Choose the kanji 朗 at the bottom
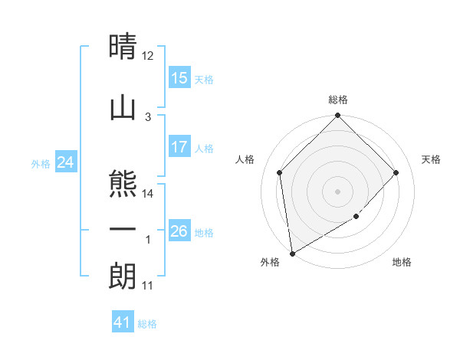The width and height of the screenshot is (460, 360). [x=123, y=277]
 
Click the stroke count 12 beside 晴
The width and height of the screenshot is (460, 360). [x=148, y=56]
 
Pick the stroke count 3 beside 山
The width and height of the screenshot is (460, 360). [x=148, y=116]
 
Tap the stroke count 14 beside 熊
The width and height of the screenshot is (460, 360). [x=148, y=194]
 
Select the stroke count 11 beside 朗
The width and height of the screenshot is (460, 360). [x=148, y=286]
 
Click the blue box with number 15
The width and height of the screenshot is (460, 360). [x=179, y=78]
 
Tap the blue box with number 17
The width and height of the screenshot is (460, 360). [x=179, y=147]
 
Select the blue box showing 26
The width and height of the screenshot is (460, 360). [x=179, y=231]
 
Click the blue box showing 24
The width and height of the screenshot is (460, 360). [x=66, y=162]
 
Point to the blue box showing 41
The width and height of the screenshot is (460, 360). [x=123, y=322]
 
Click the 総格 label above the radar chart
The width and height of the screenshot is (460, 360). [x=338, y=100]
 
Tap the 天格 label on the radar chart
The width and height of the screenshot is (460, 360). [x=432, y=159]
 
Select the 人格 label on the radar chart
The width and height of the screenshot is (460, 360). [x=245, y=159]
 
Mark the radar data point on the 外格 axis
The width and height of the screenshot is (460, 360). [x=292, y=253]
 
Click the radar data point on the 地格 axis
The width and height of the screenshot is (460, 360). [x=356, y=218]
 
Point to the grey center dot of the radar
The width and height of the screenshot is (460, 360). [x=338, y=191]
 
